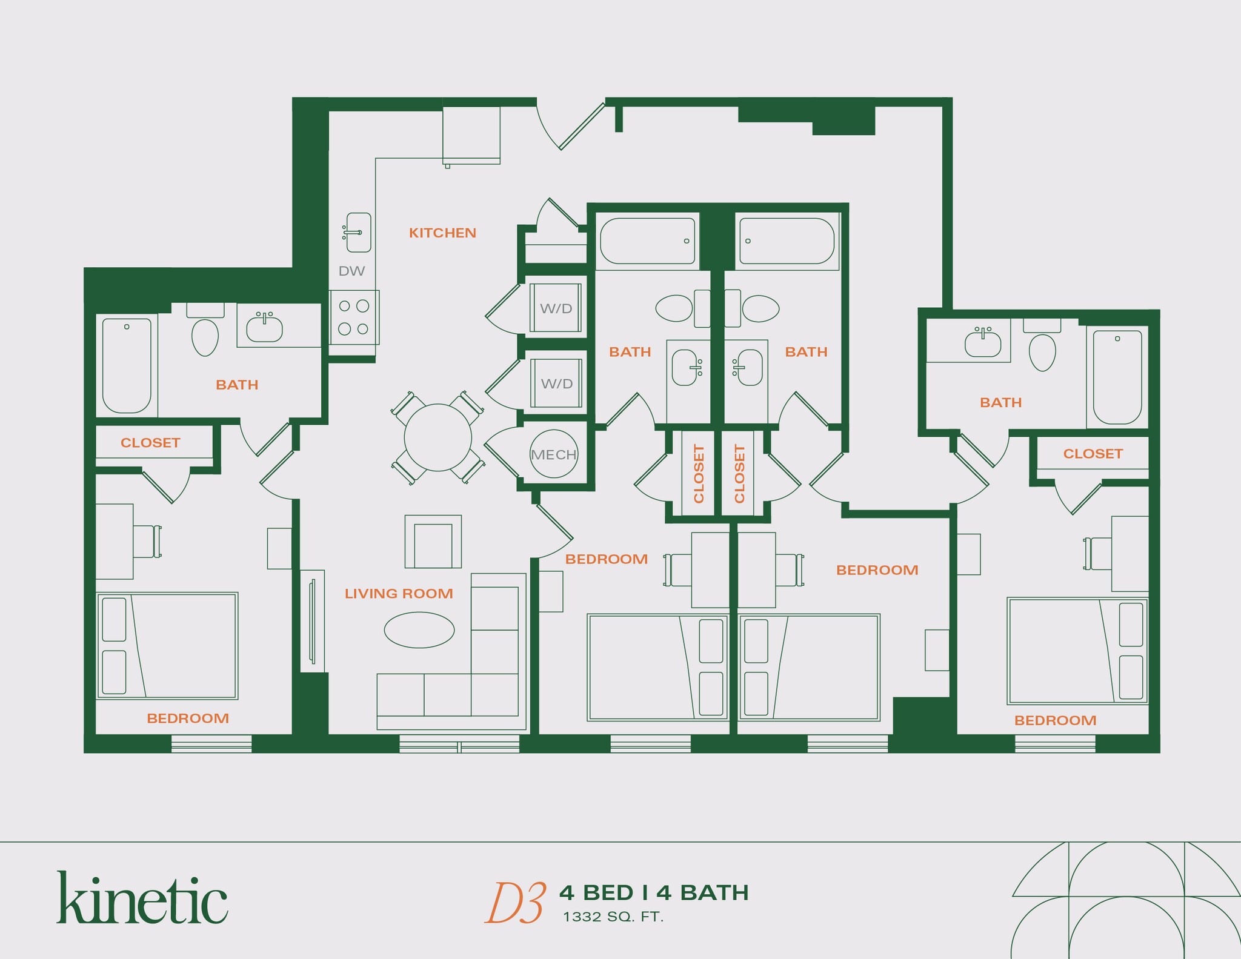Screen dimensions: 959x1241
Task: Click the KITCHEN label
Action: [x=442, y=233]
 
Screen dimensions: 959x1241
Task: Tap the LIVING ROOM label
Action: [x=399, y=594]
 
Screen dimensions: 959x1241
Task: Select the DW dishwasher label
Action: [x=351, y=271]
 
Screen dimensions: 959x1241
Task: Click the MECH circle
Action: [x=553, y=454]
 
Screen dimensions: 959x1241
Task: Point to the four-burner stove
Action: [x=354, y=317]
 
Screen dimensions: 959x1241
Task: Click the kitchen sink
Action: [x=358, y=232]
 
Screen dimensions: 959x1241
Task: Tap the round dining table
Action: [x=438, y=437]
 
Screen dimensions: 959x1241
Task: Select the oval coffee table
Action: [x=419, y=630]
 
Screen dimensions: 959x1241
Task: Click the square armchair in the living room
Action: [x=433, y=542]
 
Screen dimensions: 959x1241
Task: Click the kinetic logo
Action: [x=142, y=898]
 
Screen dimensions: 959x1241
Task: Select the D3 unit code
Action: [x=515, y=903]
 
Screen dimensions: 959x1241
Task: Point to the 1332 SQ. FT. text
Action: [x=613, y=917]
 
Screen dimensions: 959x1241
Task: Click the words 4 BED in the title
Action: [x=596, y=892]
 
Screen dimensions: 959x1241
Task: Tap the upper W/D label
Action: [x=556, y=308]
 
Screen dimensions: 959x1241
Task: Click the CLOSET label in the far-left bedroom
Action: [x=150, y=443]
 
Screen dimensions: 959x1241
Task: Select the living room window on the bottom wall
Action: [x=459, y=744]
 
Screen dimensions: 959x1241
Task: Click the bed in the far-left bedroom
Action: [x=167, y=646]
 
